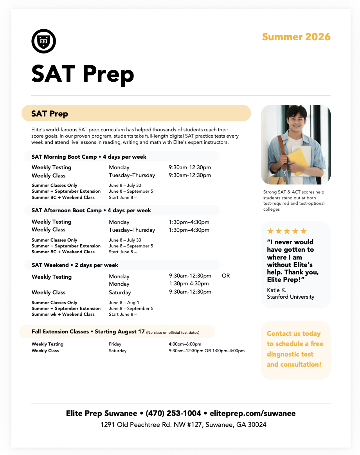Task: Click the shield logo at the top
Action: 43,41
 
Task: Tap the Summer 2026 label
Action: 296,37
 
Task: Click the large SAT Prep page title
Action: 83,73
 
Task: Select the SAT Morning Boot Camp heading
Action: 89,157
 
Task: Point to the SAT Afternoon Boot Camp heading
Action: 91,210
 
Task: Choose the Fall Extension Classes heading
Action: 88,331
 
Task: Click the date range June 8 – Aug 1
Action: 124,303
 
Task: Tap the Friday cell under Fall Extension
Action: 115,344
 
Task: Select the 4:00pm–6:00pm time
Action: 182,344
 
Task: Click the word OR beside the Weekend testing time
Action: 226,276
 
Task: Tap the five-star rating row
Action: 287,231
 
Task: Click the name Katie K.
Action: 277,290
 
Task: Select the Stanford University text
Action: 290,297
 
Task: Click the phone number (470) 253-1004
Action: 173,413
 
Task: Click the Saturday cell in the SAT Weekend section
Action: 120,292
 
